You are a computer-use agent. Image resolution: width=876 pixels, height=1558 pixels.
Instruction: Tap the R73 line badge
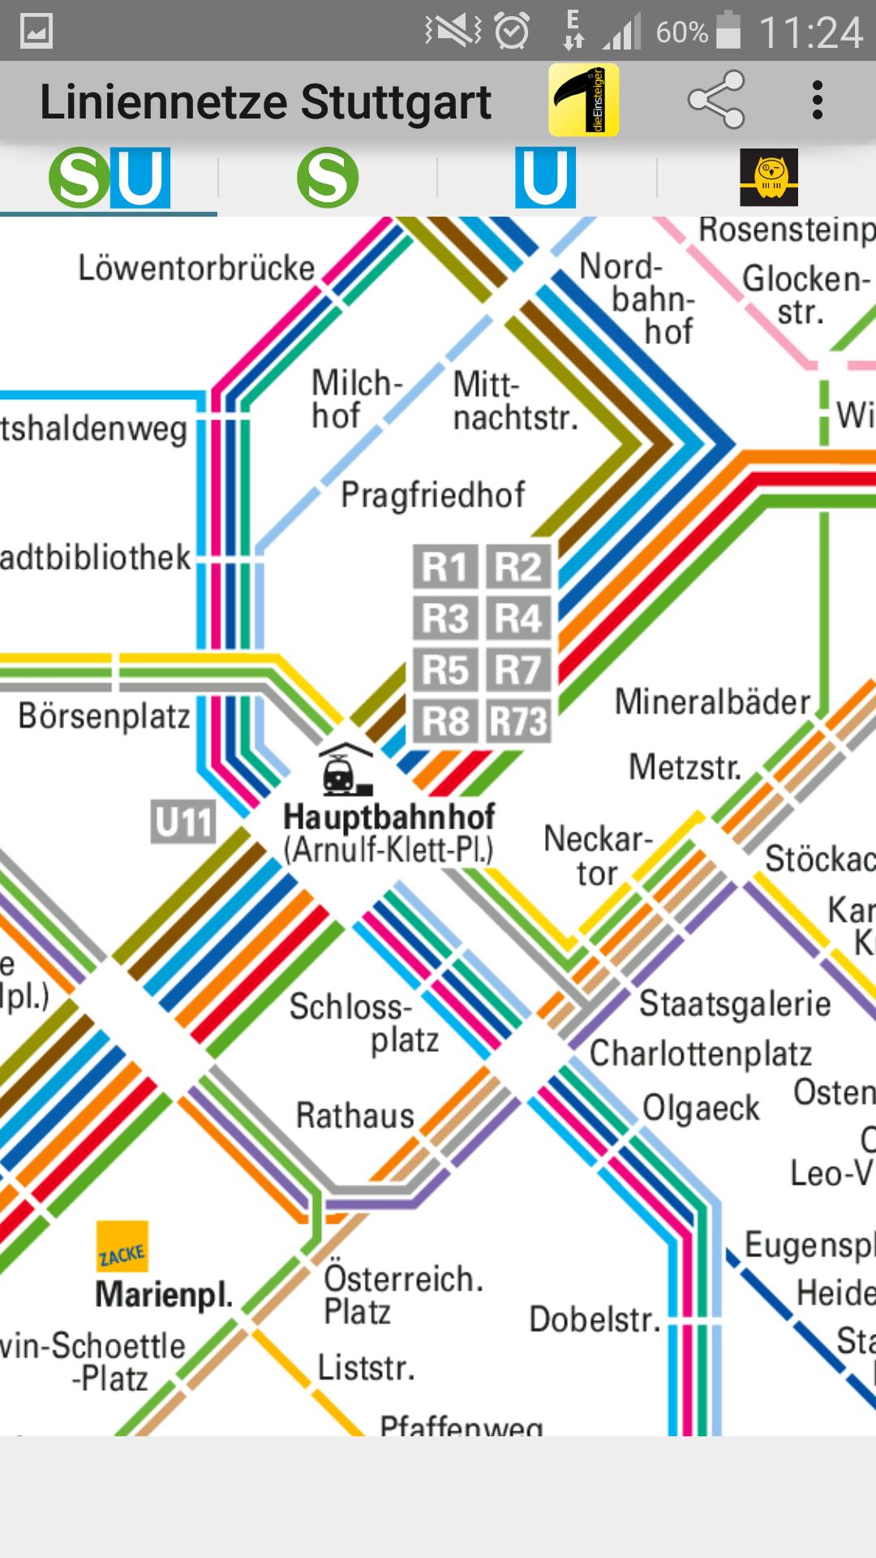pyautogui.click(x=519, y=721)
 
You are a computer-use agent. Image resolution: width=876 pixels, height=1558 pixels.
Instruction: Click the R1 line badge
pyautogui.click(x=444, y=567)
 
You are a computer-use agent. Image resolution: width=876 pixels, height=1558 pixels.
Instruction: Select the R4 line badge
pyautogui.click(x=519, y=618)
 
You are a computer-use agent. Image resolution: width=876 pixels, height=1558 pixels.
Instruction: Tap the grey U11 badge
pyautogui.click(x=183, y=822)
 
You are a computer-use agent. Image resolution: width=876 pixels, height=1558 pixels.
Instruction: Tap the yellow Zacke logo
pyautogui.click(x=122, y=1246)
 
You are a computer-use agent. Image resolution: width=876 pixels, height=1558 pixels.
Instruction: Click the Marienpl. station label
pyautogui.click(x=164, y=1294)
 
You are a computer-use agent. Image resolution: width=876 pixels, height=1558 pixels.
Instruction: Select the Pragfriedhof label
pyautogui.click(x=432, y=495)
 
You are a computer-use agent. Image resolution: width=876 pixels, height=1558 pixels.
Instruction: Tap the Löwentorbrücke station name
pyautogui.click(x=196, y=268)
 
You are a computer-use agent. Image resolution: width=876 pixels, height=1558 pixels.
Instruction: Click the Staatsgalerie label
pyautogui.click(x=735, y=1004)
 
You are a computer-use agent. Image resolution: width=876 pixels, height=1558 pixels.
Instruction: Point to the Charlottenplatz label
pyautogui.click(x=700, y=1053)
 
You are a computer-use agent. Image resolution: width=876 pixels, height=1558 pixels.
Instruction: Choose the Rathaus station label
pyautogui.click(x=354, y=1116)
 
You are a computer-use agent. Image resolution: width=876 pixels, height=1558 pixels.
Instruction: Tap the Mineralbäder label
pyautogui.click(x=712, y=702)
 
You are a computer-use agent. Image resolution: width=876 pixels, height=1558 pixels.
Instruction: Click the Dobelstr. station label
pyautogui.click(x=595, y=1319)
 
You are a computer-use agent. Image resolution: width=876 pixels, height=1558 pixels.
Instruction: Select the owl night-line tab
pyautogui.click(x=768, y=177)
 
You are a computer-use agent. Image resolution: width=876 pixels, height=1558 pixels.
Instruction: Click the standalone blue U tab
pyautogui.click(x=545, y=177)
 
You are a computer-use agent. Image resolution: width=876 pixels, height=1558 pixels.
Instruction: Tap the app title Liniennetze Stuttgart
pyautogui.click(x=265, y=102)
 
